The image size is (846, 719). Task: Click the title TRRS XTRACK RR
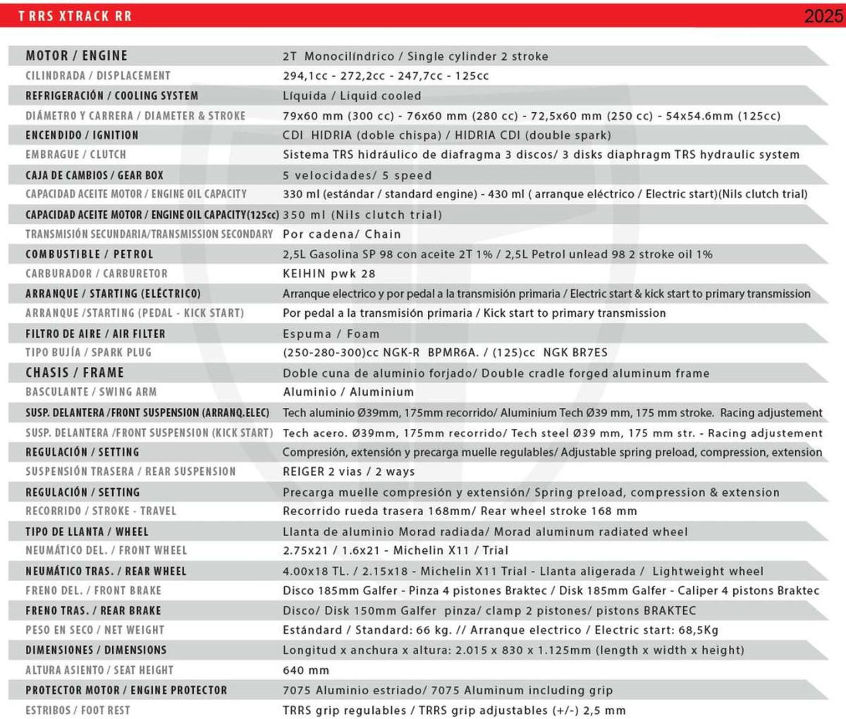[75, 16]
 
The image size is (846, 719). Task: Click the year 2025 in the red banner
[823, 16]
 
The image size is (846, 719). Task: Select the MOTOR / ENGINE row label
[76, 56]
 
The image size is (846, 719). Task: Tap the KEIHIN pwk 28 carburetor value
[329, 274]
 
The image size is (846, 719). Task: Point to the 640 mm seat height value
[306, 670]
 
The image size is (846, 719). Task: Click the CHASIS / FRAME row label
[75, 373]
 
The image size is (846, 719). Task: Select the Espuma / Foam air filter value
[331, 334]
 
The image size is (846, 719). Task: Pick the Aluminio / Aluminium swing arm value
[348, 392]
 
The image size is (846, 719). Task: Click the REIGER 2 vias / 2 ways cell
[348, 471]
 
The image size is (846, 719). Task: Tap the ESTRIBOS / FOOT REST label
[78, 711]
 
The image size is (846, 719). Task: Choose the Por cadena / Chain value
[341, 234]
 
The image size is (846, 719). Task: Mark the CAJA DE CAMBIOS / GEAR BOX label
[94, 175]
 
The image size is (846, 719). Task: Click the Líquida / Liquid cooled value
[352, 96]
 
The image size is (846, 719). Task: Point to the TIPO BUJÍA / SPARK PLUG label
[88, 353]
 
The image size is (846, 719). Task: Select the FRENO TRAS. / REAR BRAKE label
[93, 610]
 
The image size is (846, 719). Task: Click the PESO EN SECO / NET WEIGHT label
[94, 630]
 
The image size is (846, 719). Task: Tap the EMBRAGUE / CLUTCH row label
[75, 155]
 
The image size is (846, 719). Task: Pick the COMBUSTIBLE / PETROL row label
[89, 254]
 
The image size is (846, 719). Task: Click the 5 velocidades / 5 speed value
[357, 176]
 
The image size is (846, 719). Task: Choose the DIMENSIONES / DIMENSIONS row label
[96, 650]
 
